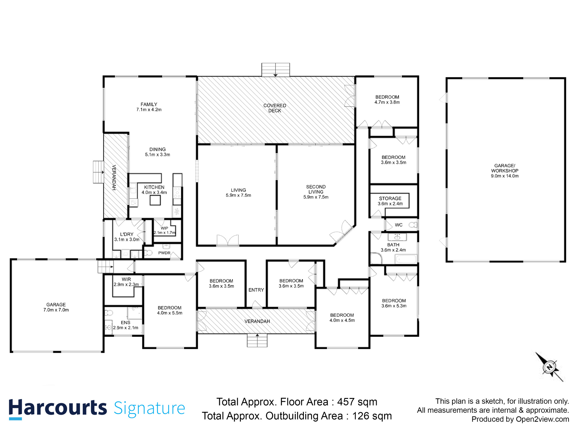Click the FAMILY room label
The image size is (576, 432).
click(x=149, y=104)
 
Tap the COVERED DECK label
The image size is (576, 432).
click(x=275, y=108)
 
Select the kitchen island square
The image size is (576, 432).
click(x=155, y=200)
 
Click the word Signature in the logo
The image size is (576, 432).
click(x=149, y=408)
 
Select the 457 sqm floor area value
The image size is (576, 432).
click(x=357, y=402)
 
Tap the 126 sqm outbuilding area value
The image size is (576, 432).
click(x=372, y=416)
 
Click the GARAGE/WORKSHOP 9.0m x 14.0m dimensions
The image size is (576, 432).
click(x=505, y=176)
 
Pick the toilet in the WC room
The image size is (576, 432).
click(x=413, y=225)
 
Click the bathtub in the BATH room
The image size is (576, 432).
click(x=406, y=259)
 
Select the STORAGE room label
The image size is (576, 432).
click(x=390, y=198)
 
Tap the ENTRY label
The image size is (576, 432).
click(x=256, y=290)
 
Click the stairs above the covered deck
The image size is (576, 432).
click(x=275, y=70)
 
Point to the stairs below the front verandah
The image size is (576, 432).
click(x=257, y=341)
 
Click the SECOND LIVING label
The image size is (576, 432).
click(x=316, y=189)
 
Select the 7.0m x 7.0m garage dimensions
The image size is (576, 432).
click(x=56, y=310)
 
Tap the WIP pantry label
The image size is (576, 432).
click(x=164, y=228)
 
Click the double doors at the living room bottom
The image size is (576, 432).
click(x=228, y=241)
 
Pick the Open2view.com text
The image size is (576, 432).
click(x=542, y=419)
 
